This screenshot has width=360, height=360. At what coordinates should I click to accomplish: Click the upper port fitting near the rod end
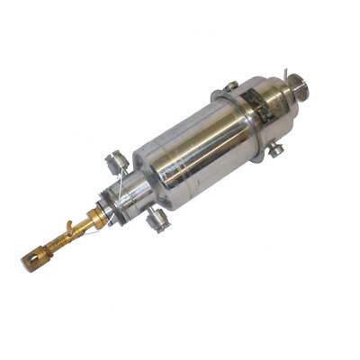[x=115, y=163]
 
